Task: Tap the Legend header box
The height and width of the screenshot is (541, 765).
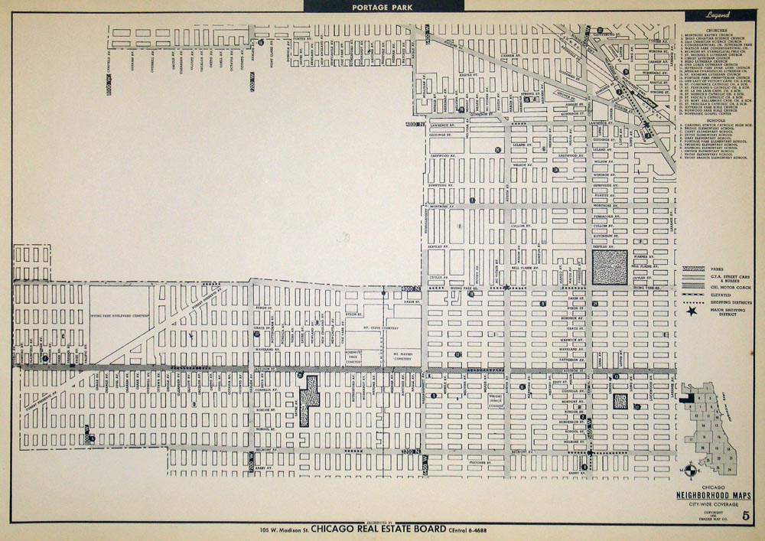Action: tap(717, 15)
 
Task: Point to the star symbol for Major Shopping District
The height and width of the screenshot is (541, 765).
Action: tap(692, 311)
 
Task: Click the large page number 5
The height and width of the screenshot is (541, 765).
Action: tap(746, 515)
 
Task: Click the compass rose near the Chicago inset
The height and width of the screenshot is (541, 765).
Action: tap(691, 470)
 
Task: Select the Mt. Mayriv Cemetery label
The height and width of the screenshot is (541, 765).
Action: tap(403, 357)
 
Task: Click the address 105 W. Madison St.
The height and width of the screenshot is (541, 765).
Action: tap(282, 529)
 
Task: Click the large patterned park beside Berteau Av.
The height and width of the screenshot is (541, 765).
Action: tap(609, 268)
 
